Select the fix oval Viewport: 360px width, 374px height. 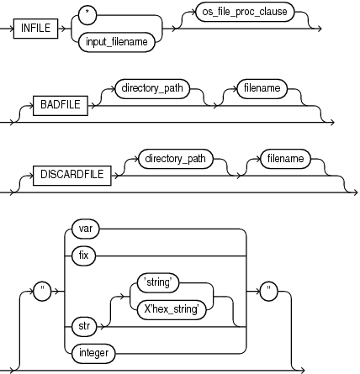click(x=82, y=254)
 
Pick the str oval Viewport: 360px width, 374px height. click(x=82, y=324)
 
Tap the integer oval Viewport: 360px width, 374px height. click(x=94, y=353)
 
